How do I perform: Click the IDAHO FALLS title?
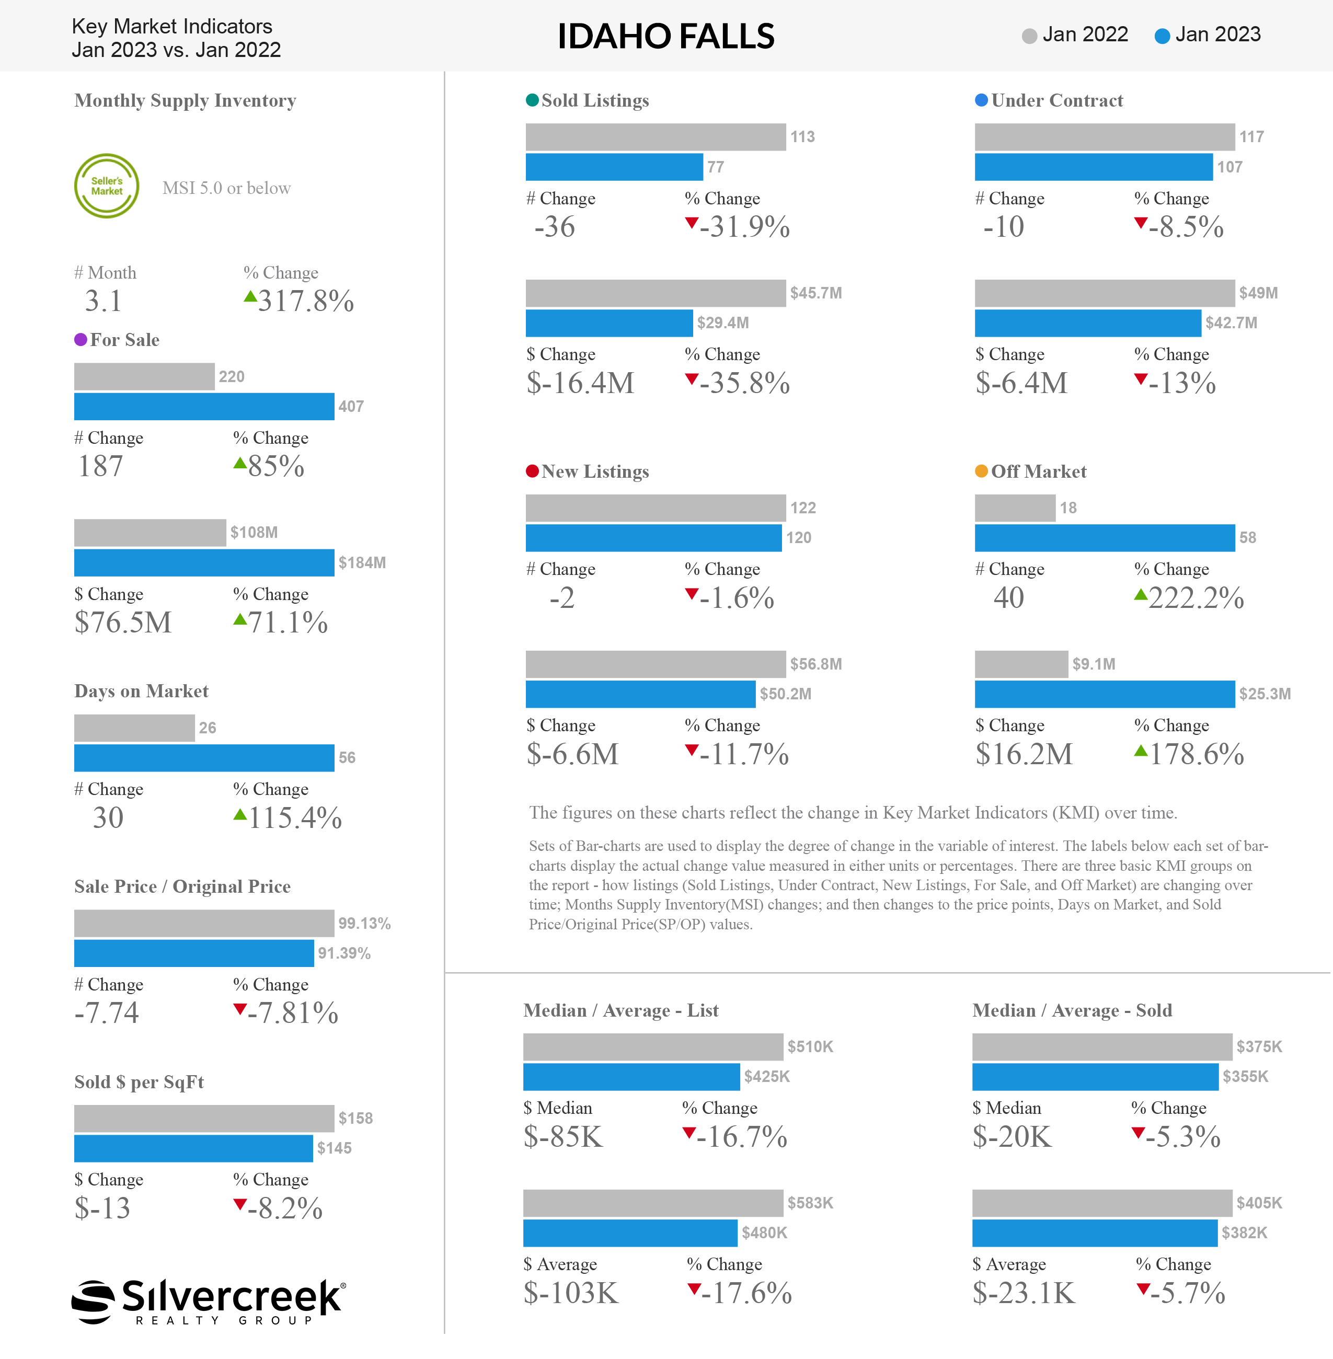[x=666, y=37]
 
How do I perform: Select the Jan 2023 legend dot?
[x=1162, y=36]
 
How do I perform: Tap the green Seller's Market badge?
[x=107, y=186]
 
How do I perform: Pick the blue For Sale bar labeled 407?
[x=204, y=407]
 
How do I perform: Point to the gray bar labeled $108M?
[x=150, y=533]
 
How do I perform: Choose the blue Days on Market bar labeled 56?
[x=204, y=757]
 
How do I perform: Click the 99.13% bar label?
[x=364, y=924]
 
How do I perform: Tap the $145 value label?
[x=334, y=1148]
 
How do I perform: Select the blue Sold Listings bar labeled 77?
[x=614, y=167]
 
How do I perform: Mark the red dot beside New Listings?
[x=532, y=471]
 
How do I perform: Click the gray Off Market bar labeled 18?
[x=1015, y=508]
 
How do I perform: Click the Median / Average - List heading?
[x=621, y=1010]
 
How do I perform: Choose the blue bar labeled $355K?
[x=1095, y=1077]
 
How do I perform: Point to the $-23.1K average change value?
[x=1024, y=1293]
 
